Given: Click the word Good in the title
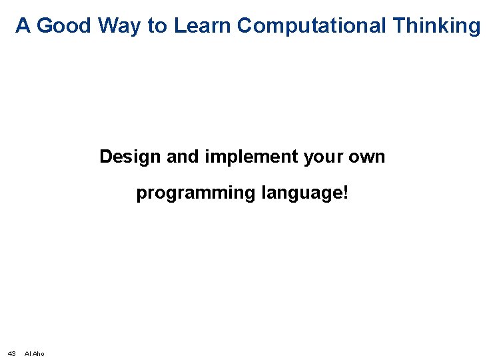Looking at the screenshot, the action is (x=63, y=25).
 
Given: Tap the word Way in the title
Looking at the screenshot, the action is (x=119, y=27).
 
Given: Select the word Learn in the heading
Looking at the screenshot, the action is (x=202, y=25).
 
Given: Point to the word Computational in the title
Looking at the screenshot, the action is (x=311, y=27).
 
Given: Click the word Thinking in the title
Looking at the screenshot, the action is (x=436, y=27).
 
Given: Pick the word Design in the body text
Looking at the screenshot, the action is (x=130, y=157).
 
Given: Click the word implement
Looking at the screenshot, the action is (x=251, y=157).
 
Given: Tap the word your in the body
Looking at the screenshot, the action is (x=323, y=158).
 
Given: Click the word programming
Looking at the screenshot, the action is (x=196, y=193).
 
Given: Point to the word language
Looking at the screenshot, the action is (x=302, y=193).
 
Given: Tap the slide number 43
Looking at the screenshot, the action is (x=11, y=354).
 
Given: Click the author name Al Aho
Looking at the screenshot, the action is (x=34, y=354).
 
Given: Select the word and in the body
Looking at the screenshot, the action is (x=183, y=156).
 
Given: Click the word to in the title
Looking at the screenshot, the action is (x=157, y=26).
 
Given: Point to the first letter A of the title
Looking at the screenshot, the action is (x=23, y=25).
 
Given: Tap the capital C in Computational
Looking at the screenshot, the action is (x=245, y=25).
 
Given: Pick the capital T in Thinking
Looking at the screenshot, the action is (x=399, y=25).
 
